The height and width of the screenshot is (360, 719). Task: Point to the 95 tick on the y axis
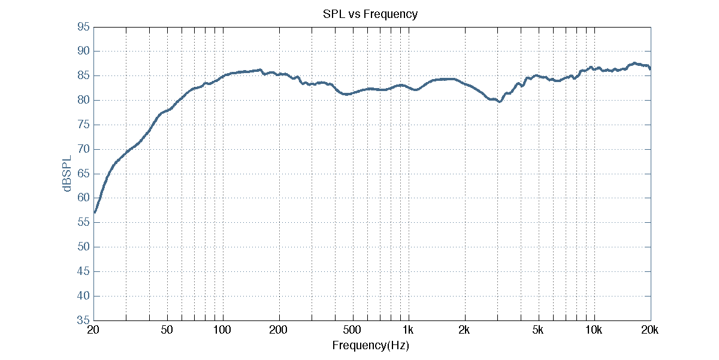(84, 27)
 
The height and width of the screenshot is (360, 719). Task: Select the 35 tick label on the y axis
(84, 320)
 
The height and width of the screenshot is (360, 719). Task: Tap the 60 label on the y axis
(84, 198)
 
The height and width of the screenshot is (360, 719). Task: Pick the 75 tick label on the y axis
(84, 125)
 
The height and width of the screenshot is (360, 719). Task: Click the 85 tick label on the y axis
(84, 76)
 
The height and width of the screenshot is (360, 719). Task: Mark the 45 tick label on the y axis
(84, 271)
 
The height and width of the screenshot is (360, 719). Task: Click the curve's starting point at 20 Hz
(95, 212)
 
